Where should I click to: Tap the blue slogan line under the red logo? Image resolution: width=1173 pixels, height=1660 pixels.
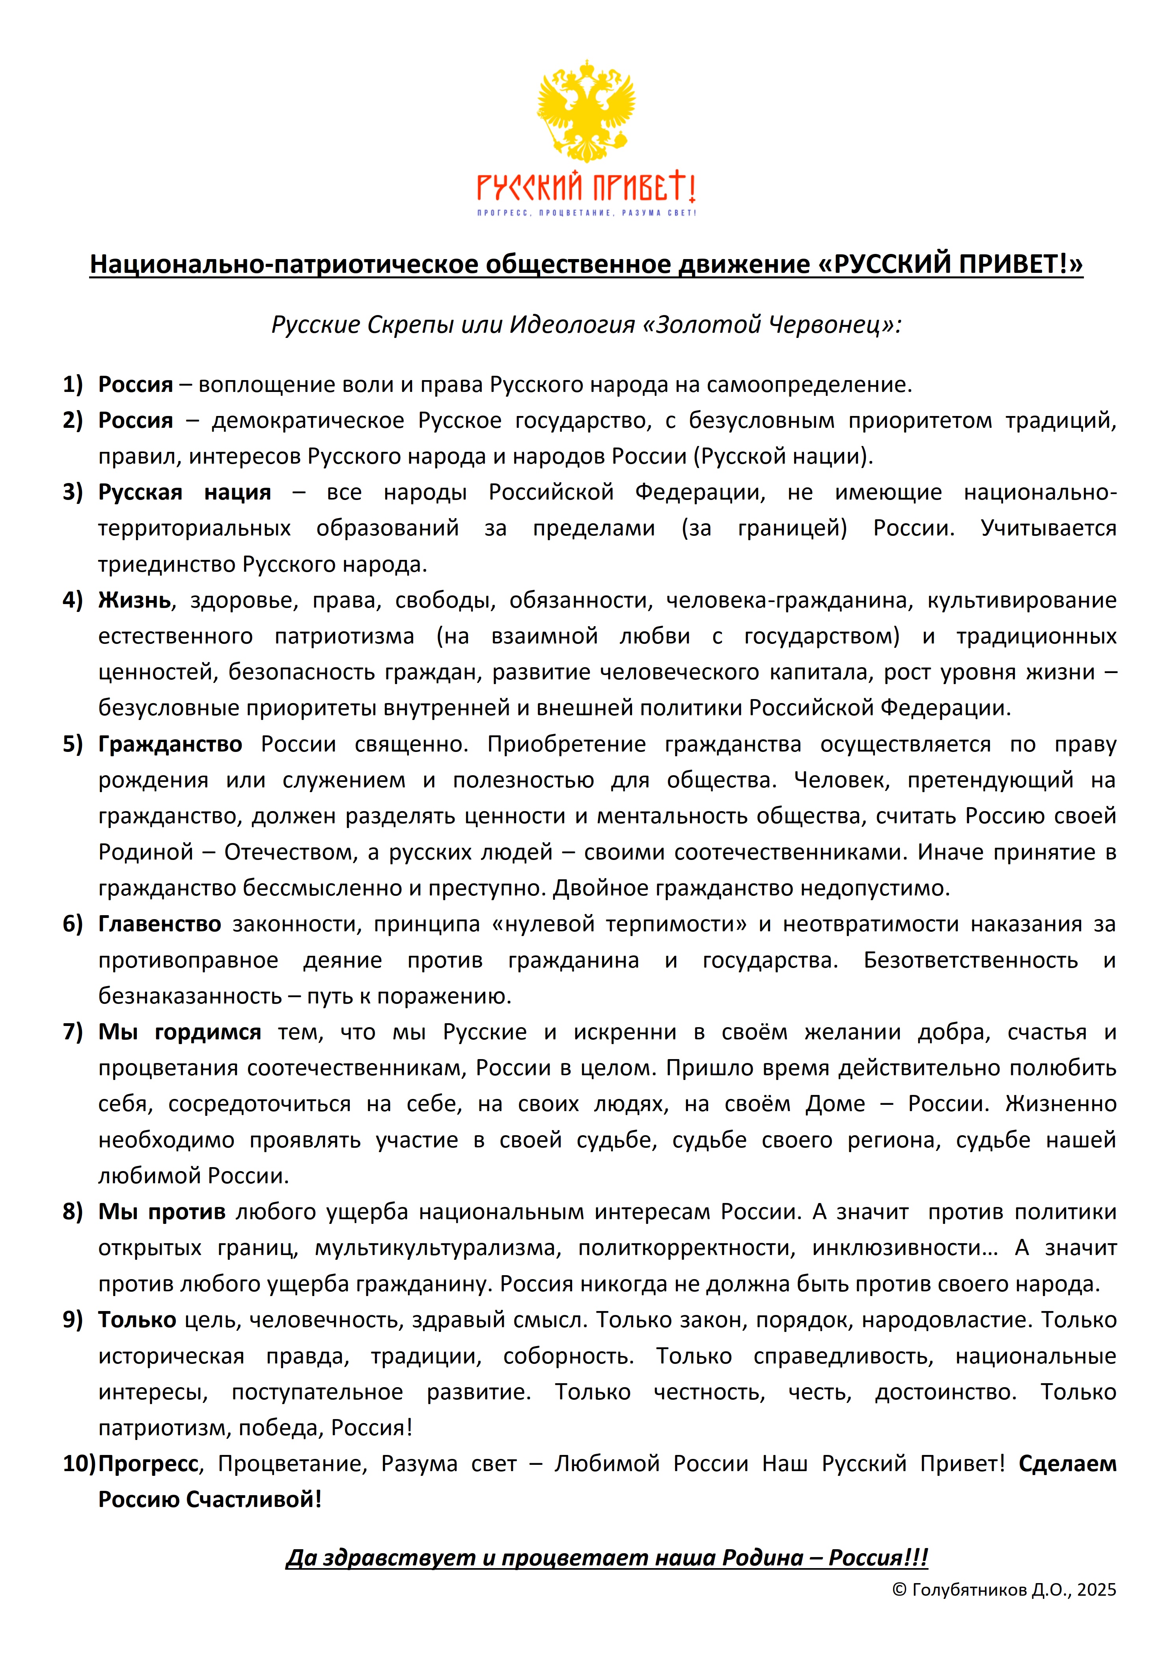[586, 213]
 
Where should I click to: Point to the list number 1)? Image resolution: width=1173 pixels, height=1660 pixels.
[73, 384]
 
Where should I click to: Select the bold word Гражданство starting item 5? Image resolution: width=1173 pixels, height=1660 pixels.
[170, 744]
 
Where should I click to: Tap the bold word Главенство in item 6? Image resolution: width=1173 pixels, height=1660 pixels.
[160, 924]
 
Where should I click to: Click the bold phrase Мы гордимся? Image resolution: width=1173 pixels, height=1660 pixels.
[179, 1032]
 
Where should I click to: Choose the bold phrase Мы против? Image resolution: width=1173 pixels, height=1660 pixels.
[162, 1212]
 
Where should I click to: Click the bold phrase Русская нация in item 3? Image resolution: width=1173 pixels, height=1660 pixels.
[185, 492]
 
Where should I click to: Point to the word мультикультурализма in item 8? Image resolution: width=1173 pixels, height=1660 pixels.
[438, 1248]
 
